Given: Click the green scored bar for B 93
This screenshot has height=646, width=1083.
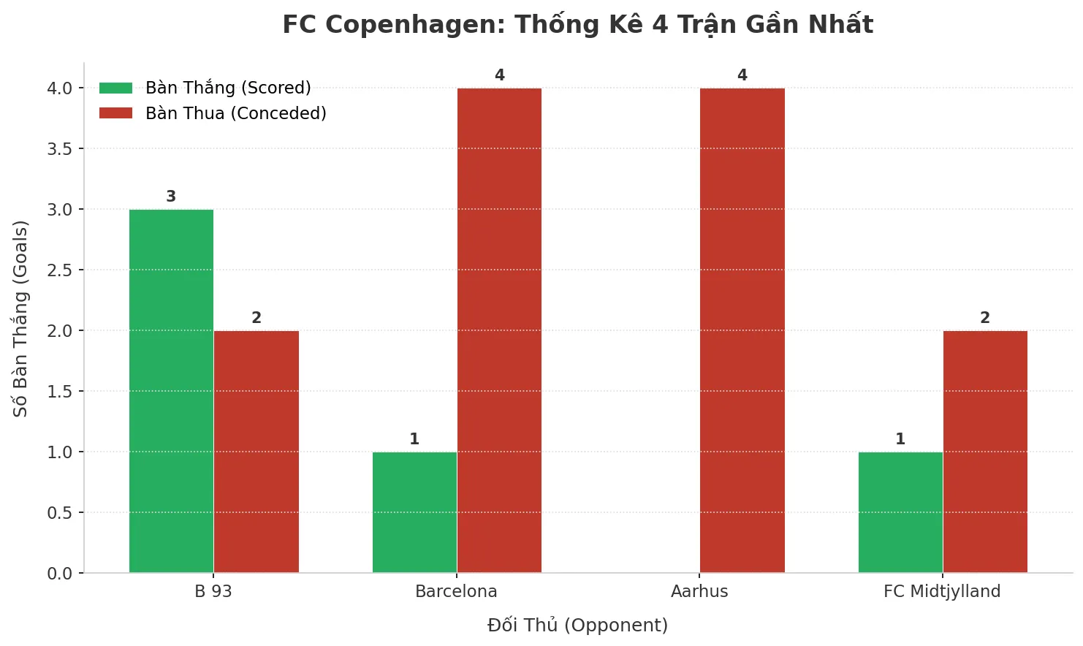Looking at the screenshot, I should pos(171,391).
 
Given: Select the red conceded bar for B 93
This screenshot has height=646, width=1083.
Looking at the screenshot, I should pos(256,452).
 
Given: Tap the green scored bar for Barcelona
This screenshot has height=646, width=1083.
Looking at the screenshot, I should pos(414,512).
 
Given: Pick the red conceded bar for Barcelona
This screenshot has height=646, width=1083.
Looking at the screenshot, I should pos(499,330).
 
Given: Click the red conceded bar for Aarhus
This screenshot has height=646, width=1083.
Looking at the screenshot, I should pos(742,330).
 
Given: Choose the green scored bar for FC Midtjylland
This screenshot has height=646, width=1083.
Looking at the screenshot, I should pos(900,512).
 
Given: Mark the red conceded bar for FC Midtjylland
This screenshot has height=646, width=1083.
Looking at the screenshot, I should pos(985,452).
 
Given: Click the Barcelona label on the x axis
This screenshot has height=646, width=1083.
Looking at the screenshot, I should pos(456,591).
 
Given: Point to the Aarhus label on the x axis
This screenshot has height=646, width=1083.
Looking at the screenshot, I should pos(699,591).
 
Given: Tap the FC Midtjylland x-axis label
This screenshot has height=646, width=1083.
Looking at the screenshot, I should pos(942,591).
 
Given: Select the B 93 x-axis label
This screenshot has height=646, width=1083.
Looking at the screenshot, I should pos(213,591).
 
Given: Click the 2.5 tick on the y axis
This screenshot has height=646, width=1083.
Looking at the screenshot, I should pos(60,270).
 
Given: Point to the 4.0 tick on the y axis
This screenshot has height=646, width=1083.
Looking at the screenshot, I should pos(60,88).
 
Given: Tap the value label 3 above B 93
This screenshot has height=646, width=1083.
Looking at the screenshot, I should pos(171,197).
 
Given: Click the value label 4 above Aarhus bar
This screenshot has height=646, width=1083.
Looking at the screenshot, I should pos(742,75).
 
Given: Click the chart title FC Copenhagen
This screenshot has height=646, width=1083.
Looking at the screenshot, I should pos(577,25).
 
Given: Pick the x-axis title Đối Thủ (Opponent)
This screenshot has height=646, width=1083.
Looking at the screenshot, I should pos(577,626).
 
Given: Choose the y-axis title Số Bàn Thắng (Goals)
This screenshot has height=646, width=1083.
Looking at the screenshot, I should pos(20,319).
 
